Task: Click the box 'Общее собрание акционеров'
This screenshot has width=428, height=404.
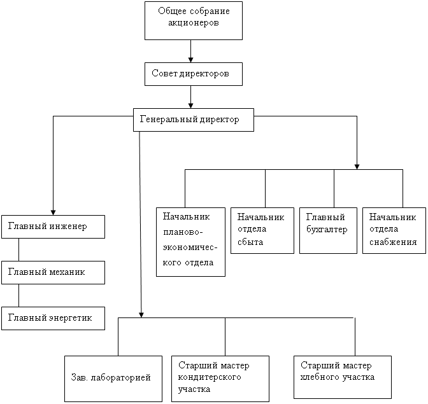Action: [x=193, y=20]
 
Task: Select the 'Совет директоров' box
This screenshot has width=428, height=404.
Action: [x=193, y=74]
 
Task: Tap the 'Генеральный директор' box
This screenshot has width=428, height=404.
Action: [x=193, y=120]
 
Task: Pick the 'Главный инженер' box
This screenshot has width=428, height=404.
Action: [x=53, y=226]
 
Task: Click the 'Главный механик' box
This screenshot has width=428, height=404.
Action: [x=53, y=272]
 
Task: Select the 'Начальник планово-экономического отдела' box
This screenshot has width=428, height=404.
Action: [x=190, y=241]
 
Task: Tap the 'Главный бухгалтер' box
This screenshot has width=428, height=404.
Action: [x=328, y=230]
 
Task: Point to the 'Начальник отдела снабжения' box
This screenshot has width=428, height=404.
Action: [x=392, y=230]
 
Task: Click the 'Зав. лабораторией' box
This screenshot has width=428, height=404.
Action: [x=118, y=378]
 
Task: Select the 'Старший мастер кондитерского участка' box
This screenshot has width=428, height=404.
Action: [x=220, y=378]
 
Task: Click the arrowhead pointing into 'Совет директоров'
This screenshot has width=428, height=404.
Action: [x=191, y=59]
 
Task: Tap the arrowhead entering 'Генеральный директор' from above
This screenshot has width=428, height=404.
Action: [x=191, y=105]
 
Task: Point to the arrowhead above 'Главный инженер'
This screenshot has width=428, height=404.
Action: [x=53, y=212]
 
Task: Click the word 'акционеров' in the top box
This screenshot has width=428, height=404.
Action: [x=194, y=24]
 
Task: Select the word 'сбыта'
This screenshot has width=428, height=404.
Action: [x=248, y=242]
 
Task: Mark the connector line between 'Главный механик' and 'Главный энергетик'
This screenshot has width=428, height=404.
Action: [x=18, y=295]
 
